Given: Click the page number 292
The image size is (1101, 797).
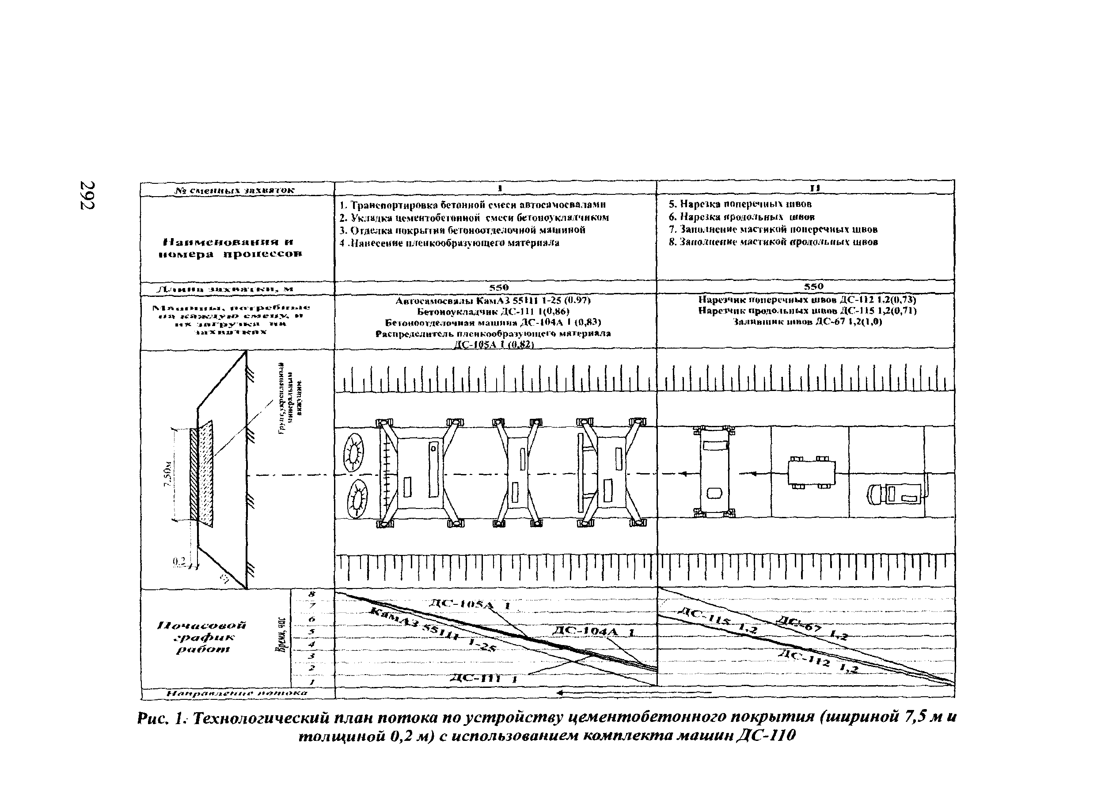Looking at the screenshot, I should (x=87, y=195).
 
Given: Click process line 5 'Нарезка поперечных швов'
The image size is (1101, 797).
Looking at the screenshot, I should (x=740, y=204).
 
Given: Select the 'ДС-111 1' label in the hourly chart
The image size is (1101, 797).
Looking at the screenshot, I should (x=483, y=679).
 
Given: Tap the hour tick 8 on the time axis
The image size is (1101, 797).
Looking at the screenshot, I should (x=311, y=594).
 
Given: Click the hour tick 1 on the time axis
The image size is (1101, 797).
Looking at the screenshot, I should (x=311, y=682).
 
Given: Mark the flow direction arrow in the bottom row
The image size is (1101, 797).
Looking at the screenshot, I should (x=631, y=693).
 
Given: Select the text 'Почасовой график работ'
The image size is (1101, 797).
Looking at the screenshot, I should (x=202, y=637).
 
